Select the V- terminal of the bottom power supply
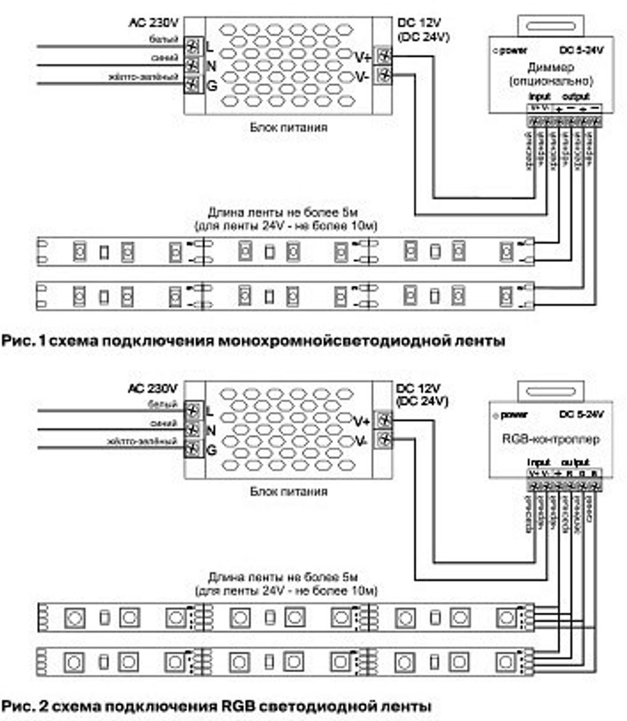click(x=385, y=441)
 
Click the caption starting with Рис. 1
click(x=254, y=341)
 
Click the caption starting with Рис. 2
click(x=216, y=706)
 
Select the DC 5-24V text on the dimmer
click(x=581, y=51)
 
